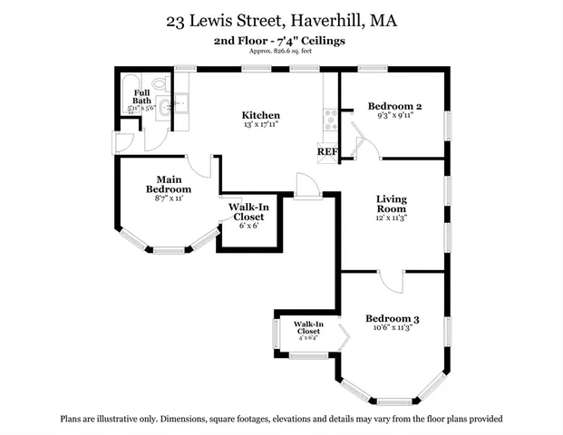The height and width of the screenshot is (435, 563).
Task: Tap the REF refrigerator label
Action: pyautogui.click(x=326, y=152)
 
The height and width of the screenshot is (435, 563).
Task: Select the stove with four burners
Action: pyautogui.click(x=330, y=118)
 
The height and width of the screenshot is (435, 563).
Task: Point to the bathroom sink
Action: pyautogui.click(x=158, y=107)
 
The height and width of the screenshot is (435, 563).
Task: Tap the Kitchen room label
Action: pyautogui.click(x=259, y=115)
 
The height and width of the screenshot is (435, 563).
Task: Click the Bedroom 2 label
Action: pyautogui.click(x=394, y=107)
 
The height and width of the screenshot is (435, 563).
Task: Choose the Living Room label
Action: pyautogui.click(x=392, y=204)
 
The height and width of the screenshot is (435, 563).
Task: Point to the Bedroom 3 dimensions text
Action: pyautogui.click(x=392, y=329)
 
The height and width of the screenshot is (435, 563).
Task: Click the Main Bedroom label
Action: pyautogui.click(x=169, y=184)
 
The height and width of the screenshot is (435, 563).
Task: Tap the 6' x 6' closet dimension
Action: pyautogui.click(x=248, y=226)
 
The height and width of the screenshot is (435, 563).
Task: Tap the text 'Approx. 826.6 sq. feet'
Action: pyautogui.click(x=281, y=51)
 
